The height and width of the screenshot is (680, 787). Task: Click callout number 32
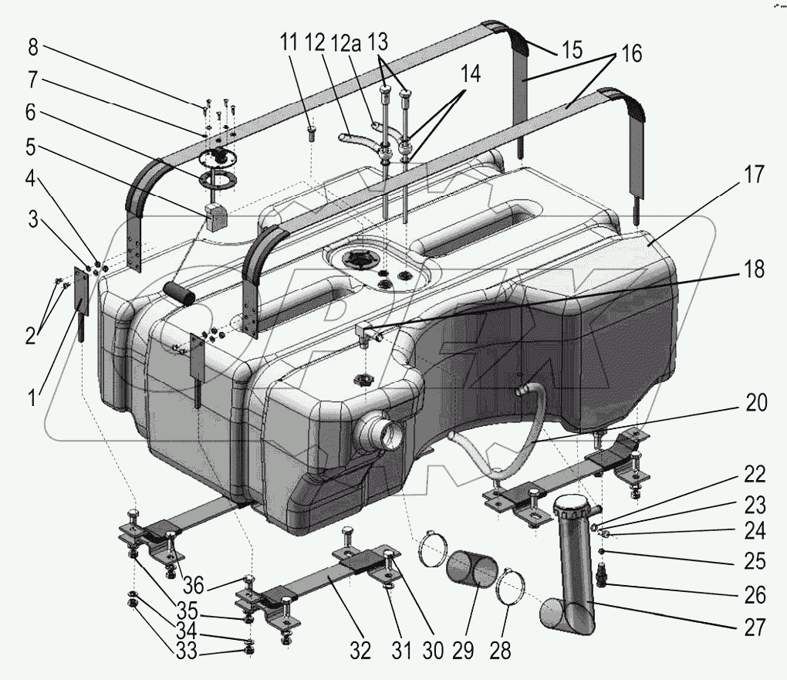pyautogui.click(x=361, y=651)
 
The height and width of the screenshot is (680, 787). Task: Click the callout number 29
pyautogui.click(x=462, y=651)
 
